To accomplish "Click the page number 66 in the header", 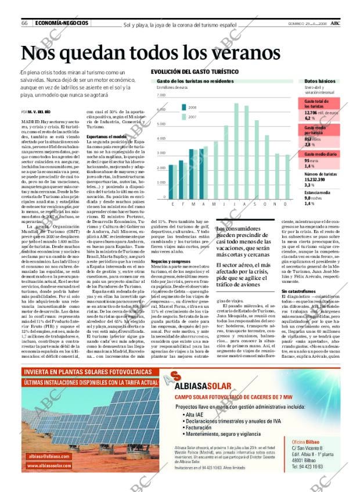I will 25,23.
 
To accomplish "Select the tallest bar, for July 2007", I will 236,152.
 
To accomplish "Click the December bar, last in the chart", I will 287,177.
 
